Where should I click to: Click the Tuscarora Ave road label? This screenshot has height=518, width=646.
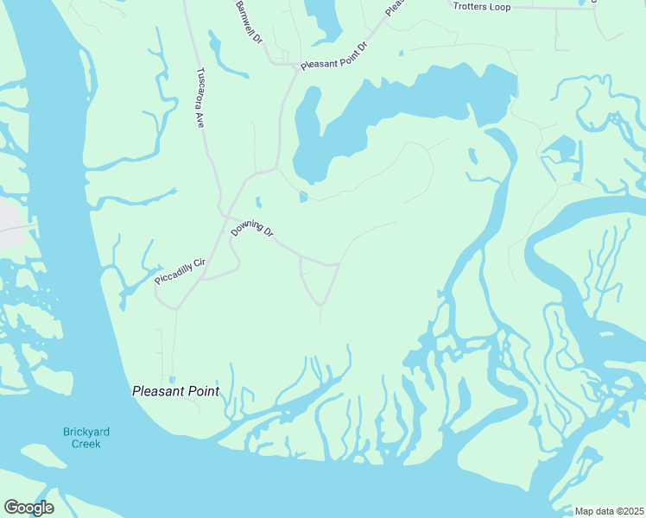199,98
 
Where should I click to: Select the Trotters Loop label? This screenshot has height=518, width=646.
481,7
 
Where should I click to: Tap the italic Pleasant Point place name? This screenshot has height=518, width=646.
175,391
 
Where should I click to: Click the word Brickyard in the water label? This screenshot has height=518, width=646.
86,432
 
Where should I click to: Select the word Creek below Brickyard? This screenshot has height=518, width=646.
86,444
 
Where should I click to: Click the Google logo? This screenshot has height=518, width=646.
28,508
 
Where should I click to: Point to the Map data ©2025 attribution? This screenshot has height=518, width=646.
609,511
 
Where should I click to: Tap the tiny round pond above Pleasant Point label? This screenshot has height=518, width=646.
172,378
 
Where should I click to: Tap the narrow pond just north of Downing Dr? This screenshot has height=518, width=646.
258,203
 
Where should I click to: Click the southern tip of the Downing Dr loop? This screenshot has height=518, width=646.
321,304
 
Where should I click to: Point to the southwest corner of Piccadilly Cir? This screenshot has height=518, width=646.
175,308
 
